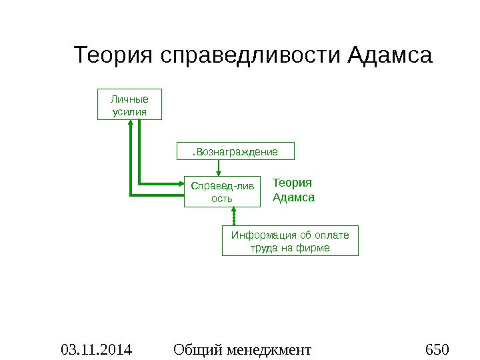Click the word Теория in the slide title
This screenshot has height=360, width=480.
114,55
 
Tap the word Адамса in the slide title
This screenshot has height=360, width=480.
391,55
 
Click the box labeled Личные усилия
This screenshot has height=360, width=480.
130,103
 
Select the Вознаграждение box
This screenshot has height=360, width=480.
235,152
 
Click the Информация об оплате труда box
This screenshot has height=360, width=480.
289,241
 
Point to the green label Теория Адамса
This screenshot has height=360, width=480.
293,190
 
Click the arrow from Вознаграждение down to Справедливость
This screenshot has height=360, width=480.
219,169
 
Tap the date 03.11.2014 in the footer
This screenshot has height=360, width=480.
96,349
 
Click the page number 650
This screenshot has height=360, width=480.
437,349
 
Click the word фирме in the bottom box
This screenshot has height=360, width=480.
315,248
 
